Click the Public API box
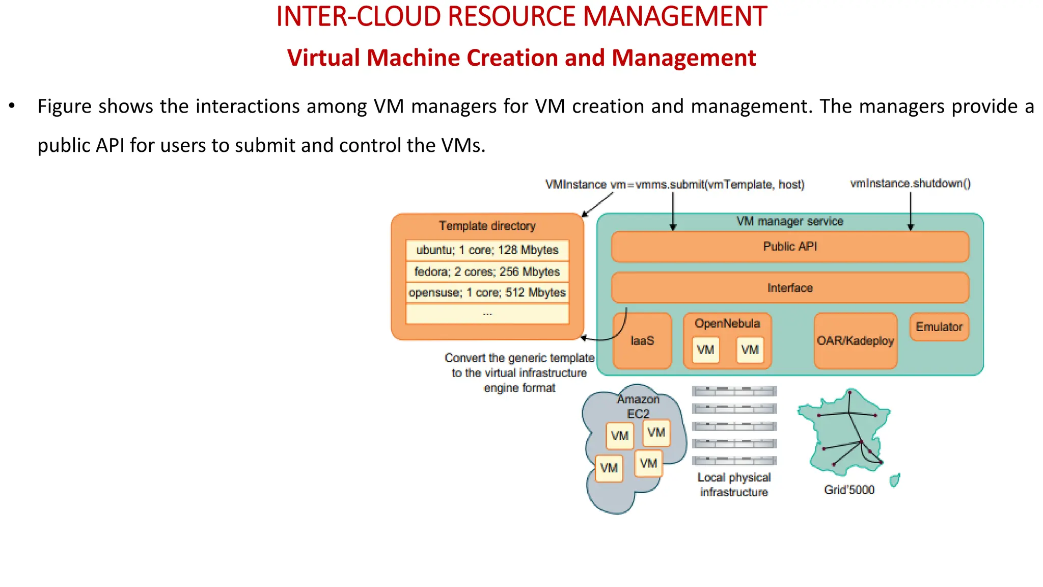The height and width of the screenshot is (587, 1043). coord(790,247)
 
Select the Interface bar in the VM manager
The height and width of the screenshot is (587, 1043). coord(790,288)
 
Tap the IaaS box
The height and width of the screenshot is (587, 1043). coord(642,341)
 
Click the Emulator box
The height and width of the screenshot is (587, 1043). coord(939,327)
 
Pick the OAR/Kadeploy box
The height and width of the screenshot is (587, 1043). coord(855,341)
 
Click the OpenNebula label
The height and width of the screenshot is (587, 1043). coord(727,324)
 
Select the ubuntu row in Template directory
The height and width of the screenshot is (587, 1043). coord(487,250)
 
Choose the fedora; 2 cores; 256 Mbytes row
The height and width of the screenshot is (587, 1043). coord(487,272)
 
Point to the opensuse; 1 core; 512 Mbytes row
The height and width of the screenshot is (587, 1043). coord(487,292)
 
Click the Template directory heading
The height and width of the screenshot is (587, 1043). coord(487,226)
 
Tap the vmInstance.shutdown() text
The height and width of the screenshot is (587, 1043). coord(911,183)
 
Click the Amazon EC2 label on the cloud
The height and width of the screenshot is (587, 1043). coord(638,406)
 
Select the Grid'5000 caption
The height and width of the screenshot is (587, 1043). coord(849,490)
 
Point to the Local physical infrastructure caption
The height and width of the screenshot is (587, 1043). coord(734,485)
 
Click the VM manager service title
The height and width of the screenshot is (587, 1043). coord(790,221)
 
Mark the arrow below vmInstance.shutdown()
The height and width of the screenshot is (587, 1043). coord(911,211)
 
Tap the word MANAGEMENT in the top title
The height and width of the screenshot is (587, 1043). coord(674,16)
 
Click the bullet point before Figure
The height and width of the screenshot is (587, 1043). coord(12,106)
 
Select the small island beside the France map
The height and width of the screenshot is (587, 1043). coord(894,480)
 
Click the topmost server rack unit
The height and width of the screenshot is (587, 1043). coord(734,391)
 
